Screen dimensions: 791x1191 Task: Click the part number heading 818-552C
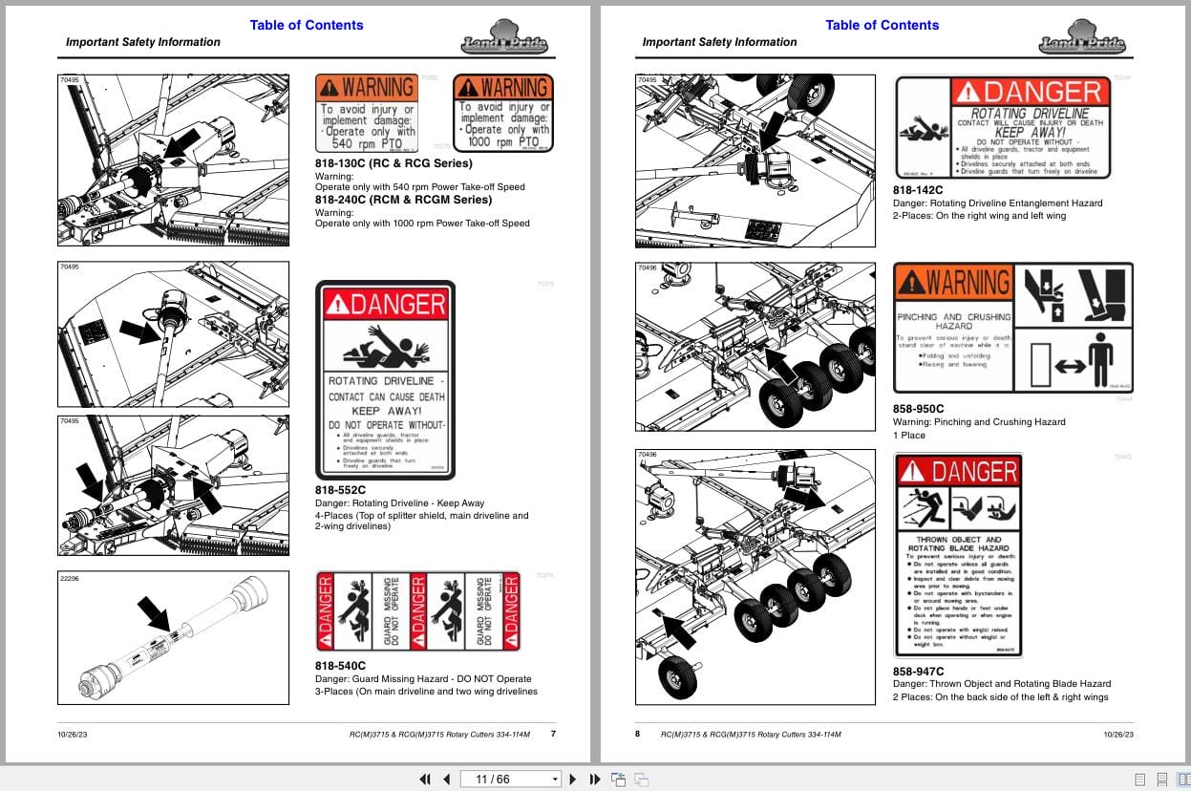[x=340, y=490]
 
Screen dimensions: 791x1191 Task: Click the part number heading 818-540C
[x=340, y=666]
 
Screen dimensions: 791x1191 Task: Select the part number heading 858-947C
[x=918, y=672]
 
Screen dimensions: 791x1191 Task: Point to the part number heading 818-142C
[x=918, y=190]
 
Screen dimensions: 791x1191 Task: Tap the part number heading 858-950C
[x=918, y=409]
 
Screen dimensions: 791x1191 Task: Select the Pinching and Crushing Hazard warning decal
[x=1012, y=328]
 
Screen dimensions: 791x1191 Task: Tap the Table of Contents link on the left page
[x=307, y=25]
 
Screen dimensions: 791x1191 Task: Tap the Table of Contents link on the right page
[x=883, y=25]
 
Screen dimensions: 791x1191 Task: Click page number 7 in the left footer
[x=553, y=734]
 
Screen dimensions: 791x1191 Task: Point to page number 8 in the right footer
[x=638, y=734]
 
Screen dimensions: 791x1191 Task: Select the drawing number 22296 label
[x=71, y=579]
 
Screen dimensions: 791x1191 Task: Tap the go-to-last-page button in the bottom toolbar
[x=594, y=779]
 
